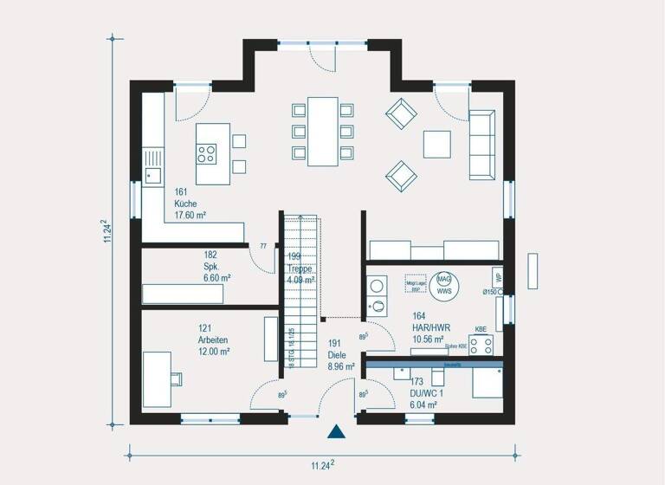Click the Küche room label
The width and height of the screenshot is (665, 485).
pos(185,204)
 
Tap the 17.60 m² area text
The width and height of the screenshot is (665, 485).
pos(190,215)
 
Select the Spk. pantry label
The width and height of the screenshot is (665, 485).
pos(210,267)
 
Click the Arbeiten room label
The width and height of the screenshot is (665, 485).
pos(213,340)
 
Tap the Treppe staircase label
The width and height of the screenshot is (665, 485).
pos(300,268)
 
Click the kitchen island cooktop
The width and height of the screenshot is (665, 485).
pos(207,154)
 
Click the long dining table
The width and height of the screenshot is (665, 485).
pos(323,131)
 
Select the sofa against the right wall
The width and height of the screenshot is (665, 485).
pos(481,144)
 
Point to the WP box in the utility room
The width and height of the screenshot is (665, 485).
pos(498,277)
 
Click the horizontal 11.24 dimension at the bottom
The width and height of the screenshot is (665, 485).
pos(323,464)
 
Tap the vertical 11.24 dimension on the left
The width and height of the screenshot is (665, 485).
pos(107,232)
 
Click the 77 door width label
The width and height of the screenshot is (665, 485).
pos(262,247)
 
